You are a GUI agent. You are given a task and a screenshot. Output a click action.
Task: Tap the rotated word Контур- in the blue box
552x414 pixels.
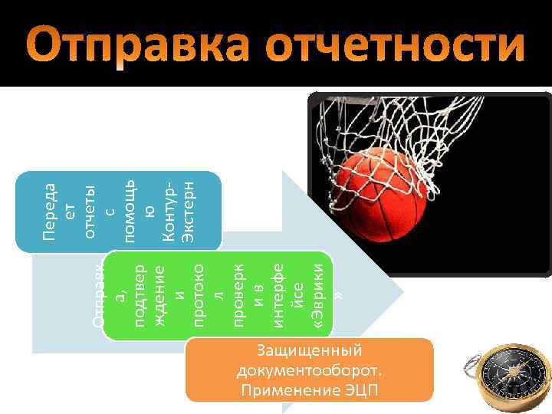click(x=169, y=210)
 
